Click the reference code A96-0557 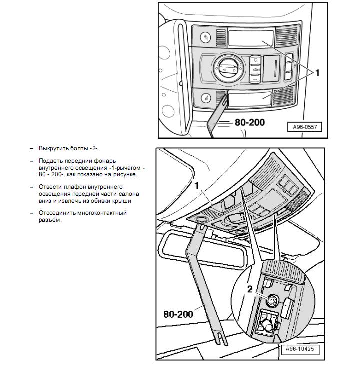click(x=304, y=127)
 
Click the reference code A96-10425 click(x=301, y=349)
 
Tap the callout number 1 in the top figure click(x=317, y=73)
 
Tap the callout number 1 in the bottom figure click(x=197, y=185)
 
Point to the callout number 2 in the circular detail click(x=250, y=289)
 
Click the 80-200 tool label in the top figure click(x=249, y=122)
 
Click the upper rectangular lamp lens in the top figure click(x=251, y=38)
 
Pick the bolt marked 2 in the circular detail click(x=273, y=301)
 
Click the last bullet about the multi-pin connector click(x=82, y=216)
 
